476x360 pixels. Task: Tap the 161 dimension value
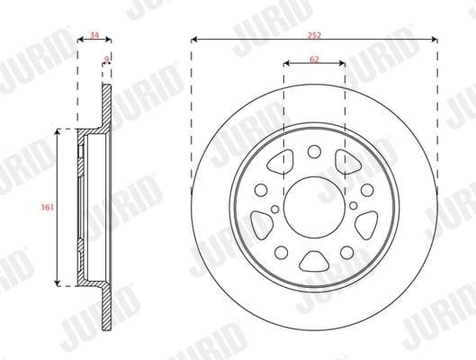[x=47, y=207]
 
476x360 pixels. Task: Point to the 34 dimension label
[x=94, y=37]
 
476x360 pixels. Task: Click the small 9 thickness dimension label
[x=107, y=60]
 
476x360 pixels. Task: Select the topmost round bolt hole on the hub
[x=315, y=152]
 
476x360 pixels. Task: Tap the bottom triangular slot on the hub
[x=315, y=262]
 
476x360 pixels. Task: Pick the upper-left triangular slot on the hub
[x=278, y=164]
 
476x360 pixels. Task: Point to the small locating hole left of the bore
[x=260, y=190]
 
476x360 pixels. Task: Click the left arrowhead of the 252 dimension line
[x=194, y=39]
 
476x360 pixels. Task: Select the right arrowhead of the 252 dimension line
[x=436, y=39]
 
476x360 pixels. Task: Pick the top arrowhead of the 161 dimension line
[x=59, y=131]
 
